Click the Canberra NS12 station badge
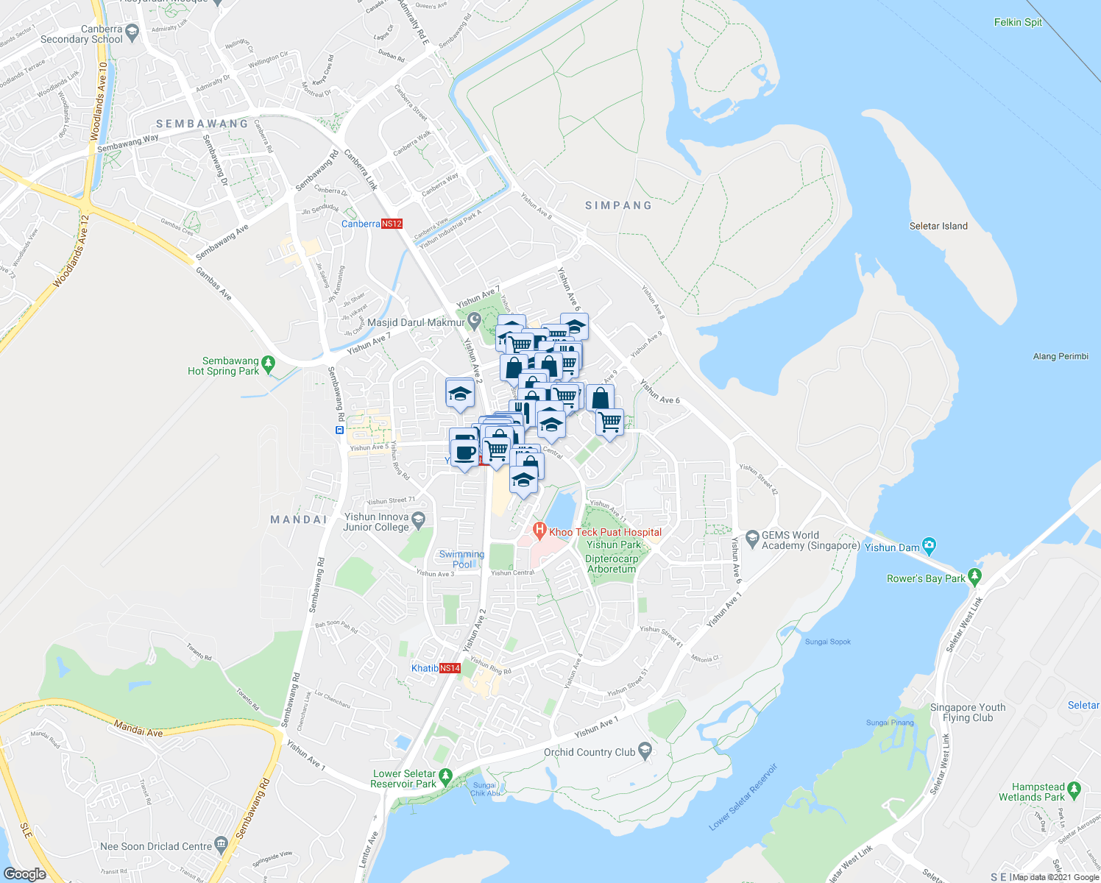pos(392,224)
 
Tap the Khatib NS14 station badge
pos(450,668)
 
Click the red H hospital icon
pos(539,530)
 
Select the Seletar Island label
pos(938,226)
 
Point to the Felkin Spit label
pos(1018,22)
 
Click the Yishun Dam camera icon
pos(930,546)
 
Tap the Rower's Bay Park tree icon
pos(975,577)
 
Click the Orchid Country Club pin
pos(645,751)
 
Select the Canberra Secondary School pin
pos(132,32)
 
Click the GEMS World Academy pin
pos(752,539)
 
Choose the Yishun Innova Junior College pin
pos(419,520)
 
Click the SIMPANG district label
pos(618,205)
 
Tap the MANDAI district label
pos(299,519)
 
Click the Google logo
pos(25,873)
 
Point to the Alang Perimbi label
pos(1060,356)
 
